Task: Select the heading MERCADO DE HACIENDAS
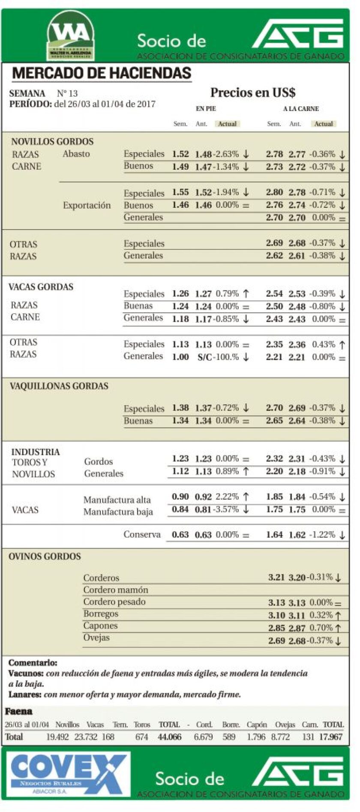tap(102, 73)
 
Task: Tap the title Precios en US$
tap(252, 93)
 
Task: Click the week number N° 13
tap(67, 93)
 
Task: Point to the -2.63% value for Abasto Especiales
tap(227, 154)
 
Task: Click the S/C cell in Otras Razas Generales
tap(204, 357)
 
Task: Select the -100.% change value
tap(227, 357)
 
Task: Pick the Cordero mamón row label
tap(116, 590)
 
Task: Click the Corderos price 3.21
tap(276, 577)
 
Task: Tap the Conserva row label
tap(142, 534)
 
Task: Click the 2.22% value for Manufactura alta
tap(227, 497)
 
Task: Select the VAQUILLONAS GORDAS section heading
tap(59, 386)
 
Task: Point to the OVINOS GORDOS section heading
tap(45, 557)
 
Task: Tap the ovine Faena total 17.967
tap(331, 737)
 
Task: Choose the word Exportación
tap(87, 205)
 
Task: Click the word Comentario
tap(33, 663)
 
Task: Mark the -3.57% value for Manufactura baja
tap(227, 509)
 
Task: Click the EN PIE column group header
tap(206, 109)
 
